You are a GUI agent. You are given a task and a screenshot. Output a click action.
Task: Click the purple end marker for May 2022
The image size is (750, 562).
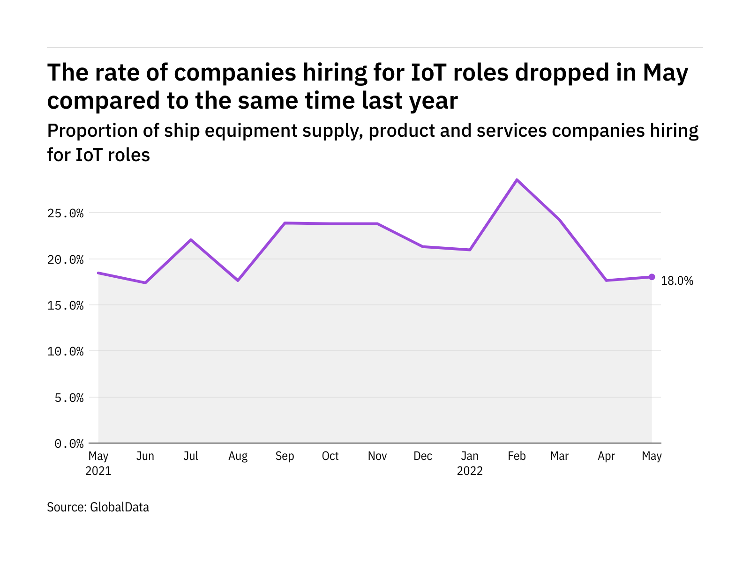652,277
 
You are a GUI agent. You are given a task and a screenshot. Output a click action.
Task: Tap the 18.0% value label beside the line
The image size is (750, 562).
677,281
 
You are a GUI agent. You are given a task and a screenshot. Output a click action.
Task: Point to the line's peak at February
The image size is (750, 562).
517,180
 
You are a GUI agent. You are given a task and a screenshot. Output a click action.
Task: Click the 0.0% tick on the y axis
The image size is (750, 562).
69,444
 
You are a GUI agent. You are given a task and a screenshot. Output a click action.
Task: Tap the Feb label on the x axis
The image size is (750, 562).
517,456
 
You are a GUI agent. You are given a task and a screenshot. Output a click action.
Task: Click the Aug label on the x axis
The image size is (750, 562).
238,456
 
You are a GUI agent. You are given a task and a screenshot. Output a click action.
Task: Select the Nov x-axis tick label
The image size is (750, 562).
377,456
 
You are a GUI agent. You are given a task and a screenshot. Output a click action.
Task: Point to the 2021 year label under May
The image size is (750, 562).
98,471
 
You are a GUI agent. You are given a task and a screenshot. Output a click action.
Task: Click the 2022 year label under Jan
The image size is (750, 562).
470,471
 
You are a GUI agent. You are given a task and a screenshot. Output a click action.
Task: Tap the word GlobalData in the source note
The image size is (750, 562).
120,507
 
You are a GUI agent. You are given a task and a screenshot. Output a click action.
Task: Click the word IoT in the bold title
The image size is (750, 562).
430,73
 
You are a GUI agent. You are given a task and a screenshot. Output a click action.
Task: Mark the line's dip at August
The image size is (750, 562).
238,280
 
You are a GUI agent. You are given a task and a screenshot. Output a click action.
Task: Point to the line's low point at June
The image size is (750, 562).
145,282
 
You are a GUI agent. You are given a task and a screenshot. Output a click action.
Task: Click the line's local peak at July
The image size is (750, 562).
191,240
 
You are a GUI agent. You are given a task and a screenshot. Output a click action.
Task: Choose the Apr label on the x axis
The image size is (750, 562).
606,456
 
